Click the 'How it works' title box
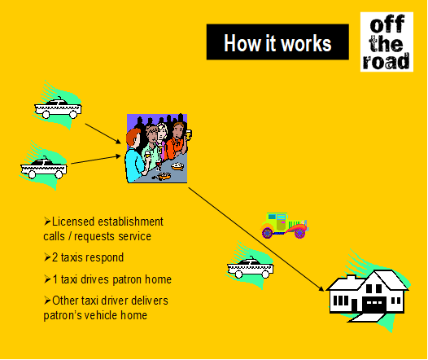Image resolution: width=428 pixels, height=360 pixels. pos(277,42)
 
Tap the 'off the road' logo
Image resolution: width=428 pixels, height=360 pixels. pos(387,42)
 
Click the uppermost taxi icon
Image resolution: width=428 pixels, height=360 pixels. pos(58,108)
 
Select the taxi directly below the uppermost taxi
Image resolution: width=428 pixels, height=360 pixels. pos(44,167)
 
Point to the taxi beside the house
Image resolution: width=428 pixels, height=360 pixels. pos(250,267)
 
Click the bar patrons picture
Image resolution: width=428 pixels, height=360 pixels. pos(158,148)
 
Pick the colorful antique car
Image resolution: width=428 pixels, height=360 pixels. pos(284,226)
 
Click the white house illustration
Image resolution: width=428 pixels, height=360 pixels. pos(368,294)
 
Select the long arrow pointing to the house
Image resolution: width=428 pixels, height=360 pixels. pos(256,239)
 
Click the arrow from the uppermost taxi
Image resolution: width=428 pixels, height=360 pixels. pos(103,134)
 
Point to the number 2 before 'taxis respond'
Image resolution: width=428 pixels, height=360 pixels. pos(55,257)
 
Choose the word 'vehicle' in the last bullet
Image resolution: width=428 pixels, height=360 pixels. pos(101,315)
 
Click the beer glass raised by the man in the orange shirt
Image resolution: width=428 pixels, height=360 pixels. pos(188,134)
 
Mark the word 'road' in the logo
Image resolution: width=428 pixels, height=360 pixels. pos(387,61)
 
